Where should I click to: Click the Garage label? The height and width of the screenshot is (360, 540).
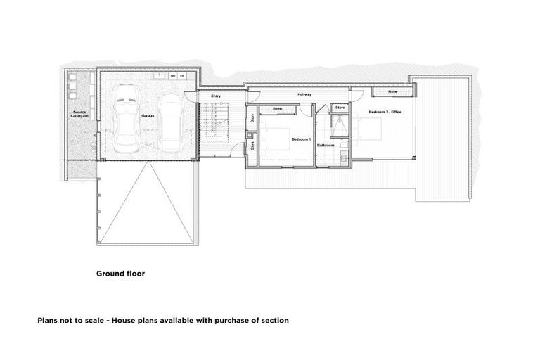pos(148,115)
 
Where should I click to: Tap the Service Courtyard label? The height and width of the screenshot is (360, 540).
pos(79,114)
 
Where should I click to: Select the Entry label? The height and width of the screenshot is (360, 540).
pos(215,96)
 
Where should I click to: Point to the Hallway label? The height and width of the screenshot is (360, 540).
pos(304,94)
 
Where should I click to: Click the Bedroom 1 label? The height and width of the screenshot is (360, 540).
pos(301,139)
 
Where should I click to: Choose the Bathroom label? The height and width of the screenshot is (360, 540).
pos(326,146)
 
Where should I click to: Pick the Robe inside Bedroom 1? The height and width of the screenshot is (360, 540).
pos(278,109)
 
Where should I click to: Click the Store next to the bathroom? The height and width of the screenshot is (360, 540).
pos(340,108)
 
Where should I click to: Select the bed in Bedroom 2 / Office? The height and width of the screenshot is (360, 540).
pos(369,128)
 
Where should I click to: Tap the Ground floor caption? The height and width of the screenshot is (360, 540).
pos(120,274)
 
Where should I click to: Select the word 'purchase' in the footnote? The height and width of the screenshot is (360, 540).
pos(223,320)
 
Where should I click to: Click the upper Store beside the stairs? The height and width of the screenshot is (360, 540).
pos(252,119)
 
